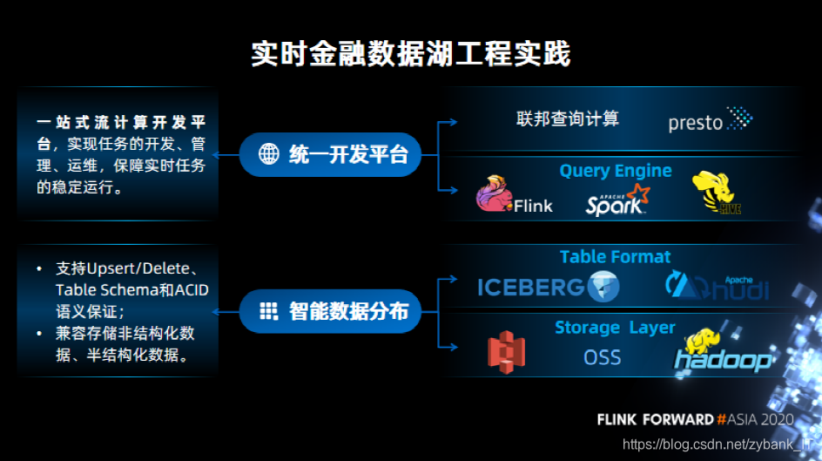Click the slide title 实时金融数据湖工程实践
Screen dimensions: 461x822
(x=410, y=54)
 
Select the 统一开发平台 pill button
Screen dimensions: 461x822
(x=330, y=155)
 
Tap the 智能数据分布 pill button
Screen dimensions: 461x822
(x=330, y=311)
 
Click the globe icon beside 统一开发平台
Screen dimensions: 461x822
(x=269, y=155)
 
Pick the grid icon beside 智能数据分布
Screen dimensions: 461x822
(x=269, y=311)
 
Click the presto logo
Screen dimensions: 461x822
(x=710, y=119)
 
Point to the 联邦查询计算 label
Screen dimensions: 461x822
(x=568, y=119)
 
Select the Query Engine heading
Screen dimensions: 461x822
(x=615, y=171)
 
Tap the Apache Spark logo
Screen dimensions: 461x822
(x=617, y=200)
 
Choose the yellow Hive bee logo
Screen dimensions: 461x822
(x=716, y=193)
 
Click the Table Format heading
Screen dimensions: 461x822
(x=615, y=257)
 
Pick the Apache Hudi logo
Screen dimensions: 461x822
(x=717, y=285)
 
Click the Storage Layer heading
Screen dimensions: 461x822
(x=615, y=328)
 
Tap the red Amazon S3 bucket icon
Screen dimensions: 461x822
(x=506, y=352)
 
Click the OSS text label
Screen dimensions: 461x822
(x=602, y=357)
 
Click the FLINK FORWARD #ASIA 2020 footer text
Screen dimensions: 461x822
(x=695, y=419)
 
